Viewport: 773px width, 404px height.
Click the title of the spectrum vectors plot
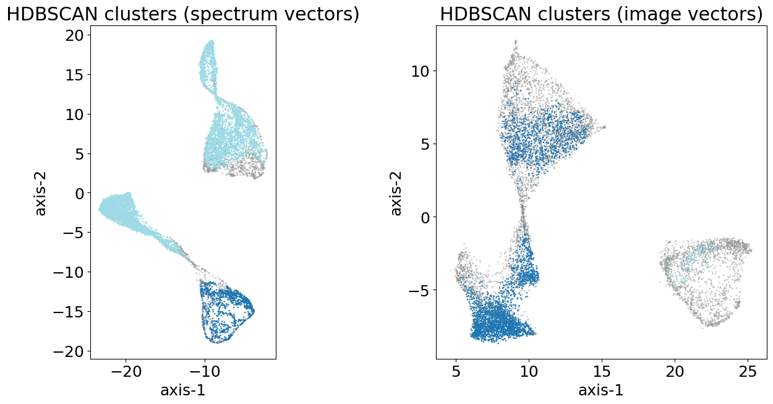[183, 14]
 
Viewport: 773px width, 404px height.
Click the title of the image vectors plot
[601, 14]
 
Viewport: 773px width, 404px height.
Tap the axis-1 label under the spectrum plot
[183, 390]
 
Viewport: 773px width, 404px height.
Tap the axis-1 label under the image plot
[601, 390]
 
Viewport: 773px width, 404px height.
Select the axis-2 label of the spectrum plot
[41, 192]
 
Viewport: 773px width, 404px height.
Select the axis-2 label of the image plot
[396, 192]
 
